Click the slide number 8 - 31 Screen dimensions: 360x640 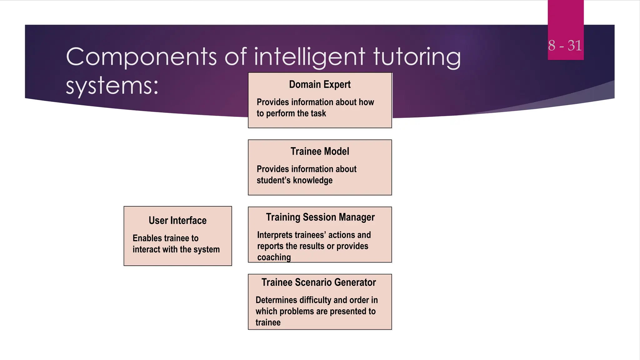(565, 46)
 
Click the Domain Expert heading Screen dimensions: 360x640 (320, 84)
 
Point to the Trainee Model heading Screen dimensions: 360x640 (320, 151)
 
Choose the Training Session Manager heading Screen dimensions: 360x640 (320, 217)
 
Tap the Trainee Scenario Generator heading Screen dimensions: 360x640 (318, 282)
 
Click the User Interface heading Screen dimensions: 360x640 (177, 221)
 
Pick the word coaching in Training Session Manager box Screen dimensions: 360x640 (274, 257)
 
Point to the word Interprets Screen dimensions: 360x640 (275, 235)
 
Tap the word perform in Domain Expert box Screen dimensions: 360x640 (281, 113)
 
